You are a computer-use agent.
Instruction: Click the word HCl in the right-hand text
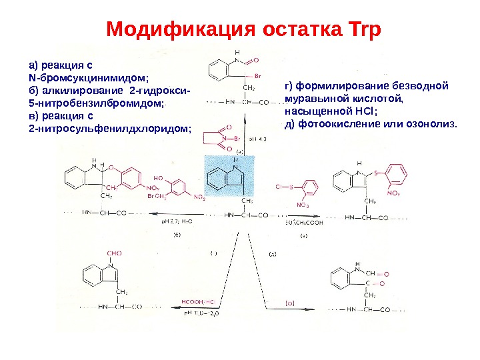point(365,111)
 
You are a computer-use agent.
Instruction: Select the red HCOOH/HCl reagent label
point(198,302)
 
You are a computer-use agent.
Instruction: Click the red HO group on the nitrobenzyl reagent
point(158,179)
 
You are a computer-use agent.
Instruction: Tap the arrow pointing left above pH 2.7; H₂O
point(180,215)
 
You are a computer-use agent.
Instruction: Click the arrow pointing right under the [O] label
point(293,310)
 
